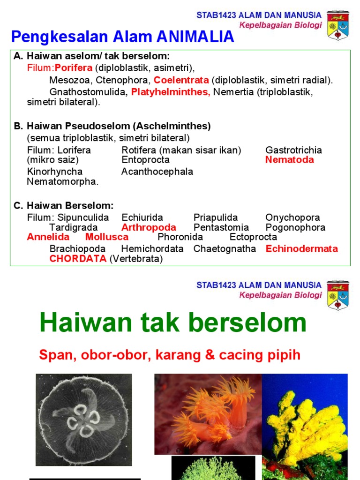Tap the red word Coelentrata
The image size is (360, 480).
point(181,80)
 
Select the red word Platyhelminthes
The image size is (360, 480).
point(171,92)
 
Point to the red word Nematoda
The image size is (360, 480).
point(290,160)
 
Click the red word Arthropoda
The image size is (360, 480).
point(149,228)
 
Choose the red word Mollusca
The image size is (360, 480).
point(107,237)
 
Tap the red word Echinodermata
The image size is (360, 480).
point(301,249)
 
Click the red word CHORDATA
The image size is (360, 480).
point(78,259)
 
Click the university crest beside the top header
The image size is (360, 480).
point(337,24)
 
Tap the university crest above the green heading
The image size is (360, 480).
point(337,295)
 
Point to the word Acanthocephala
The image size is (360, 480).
point(157,172)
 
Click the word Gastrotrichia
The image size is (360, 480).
point(293,150)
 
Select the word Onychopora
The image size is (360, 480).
point(292,218)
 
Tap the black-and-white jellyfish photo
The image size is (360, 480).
point(84,420)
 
